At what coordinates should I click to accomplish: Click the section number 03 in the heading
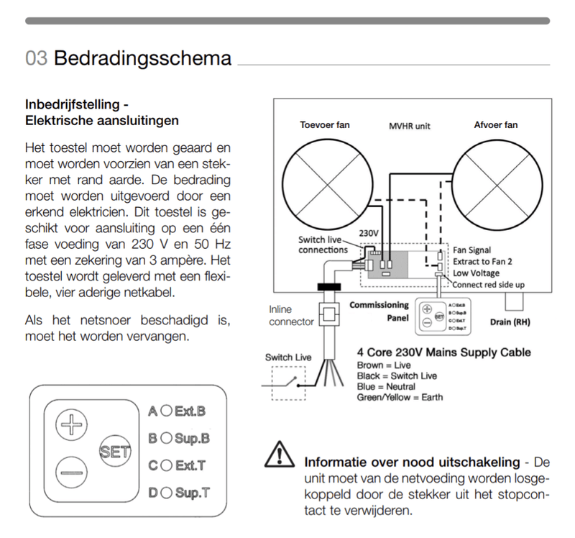tap(37, 58)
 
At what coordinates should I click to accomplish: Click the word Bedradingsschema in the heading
tap(142, 58)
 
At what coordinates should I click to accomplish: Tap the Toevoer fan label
tap(324, 125)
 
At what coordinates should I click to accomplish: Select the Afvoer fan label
tap(495, 125)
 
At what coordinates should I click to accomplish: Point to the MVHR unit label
tap(410, 126)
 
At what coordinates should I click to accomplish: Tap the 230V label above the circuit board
tap(368, 233)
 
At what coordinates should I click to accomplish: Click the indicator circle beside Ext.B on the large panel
tap(165, 411)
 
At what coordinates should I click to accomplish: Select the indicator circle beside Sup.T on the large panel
tap(165, 493)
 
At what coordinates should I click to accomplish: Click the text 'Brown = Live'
tap(384, 365)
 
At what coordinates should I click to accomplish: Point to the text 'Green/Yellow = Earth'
tap(400, 397)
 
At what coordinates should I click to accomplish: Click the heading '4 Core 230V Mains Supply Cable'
tap(443, 352)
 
